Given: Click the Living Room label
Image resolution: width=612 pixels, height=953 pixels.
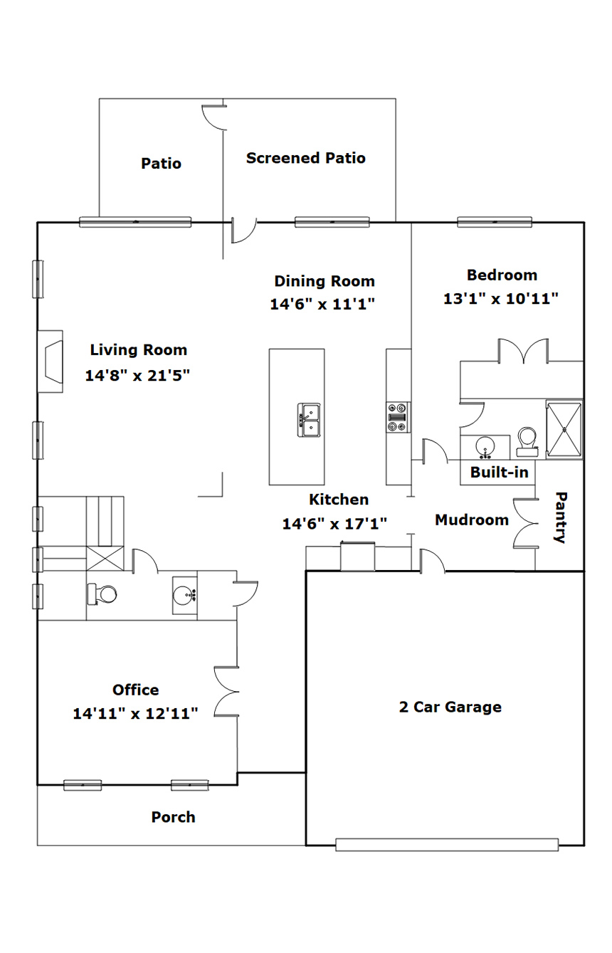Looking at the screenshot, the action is point(139,350).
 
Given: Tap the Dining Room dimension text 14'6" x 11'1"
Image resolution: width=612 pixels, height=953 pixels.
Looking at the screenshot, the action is point(322,304).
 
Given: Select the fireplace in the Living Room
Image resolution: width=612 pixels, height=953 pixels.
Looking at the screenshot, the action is point(51,362).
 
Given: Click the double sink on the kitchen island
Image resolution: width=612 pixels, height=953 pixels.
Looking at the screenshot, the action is point(309,420).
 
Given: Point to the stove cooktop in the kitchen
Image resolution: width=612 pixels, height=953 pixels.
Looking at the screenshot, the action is point(398,417).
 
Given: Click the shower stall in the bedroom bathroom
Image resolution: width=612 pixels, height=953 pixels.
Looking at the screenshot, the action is point(564,429).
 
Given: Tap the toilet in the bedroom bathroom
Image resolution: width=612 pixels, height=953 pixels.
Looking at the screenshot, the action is point(527,441).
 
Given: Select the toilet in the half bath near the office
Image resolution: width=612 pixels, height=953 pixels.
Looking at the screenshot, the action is point(102,594).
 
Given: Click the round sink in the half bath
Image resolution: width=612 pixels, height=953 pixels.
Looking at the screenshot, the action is point(184,595).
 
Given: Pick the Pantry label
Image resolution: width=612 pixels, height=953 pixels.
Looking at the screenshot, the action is point(561,517).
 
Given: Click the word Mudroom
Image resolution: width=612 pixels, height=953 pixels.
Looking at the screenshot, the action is point(472,520).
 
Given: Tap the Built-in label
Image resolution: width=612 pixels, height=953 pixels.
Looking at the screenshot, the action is point(500,473).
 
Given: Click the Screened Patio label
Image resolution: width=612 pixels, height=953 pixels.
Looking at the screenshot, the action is point(306,158).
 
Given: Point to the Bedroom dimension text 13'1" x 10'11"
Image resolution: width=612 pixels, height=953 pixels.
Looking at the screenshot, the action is point(500,299).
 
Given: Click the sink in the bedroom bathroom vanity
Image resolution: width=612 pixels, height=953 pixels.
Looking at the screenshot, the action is point(485,448).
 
